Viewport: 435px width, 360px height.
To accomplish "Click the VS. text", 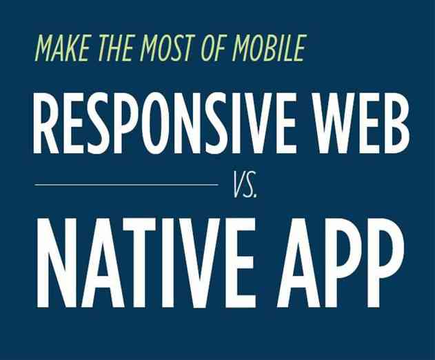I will click(245, 186).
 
